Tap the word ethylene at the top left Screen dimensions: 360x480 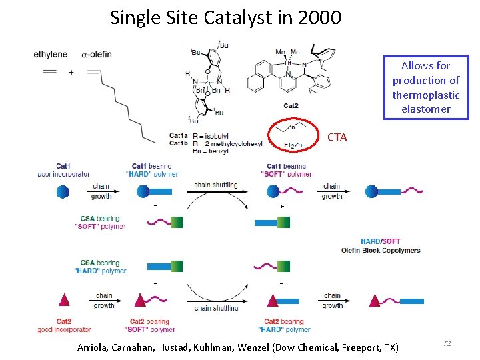pyautogui.click(x=51, y=54)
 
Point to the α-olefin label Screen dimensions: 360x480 pyautogui.click(x=97, y=54)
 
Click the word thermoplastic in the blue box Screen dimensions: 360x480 pyautogui.click(x=426, y=95)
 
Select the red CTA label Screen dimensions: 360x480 pyautogui.click(x=337, y=137)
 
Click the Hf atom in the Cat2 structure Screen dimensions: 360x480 pyautogui.click(x=288, y=63)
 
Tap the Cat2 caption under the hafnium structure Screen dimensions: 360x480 pyautogui.click(x=291, y=105)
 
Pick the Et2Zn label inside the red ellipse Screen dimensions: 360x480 pyautogui.click(x=293, y=145)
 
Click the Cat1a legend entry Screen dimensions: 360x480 pyautogui.click(x=179, y=137)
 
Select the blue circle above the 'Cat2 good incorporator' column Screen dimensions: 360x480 pyautogui.click(x=63, y=192)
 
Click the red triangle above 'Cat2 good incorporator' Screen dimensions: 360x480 pyautogui.click(x=63, y=301)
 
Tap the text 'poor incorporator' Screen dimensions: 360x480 pyautogui.click(x=64, y=175)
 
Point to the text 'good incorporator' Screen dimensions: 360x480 pyautogui.click(x=64, y=329)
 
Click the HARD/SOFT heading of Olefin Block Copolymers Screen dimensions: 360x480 pyautogui.click(x=380, y=241)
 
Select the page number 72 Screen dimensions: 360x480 pyautogui.click(x=447, y=343)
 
